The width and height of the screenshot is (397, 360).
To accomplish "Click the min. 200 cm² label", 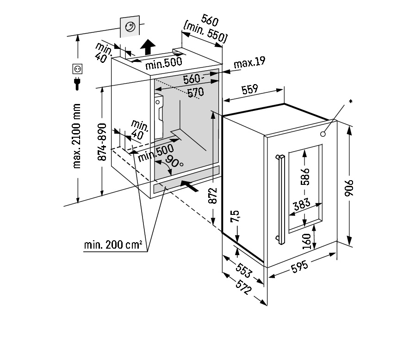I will (x=113, y=245).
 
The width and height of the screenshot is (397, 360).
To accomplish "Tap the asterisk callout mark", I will (x=350, y=101).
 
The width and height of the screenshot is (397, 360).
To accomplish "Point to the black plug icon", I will (x=77, y=83).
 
